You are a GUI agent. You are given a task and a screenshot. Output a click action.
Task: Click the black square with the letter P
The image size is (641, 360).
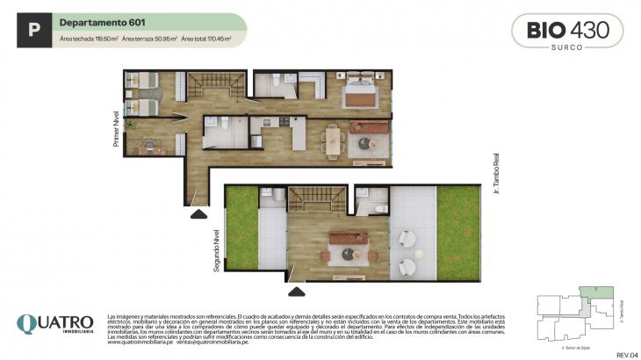point(33,31)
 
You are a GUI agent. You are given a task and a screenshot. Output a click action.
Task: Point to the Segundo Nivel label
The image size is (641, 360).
point(216,250)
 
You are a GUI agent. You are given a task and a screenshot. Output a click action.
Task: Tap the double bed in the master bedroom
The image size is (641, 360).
point(361,89)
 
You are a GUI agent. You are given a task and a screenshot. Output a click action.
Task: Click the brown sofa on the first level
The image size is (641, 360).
point(369,128)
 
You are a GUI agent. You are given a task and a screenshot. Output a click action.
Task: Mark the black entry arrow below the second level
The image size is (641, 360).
point(298,291)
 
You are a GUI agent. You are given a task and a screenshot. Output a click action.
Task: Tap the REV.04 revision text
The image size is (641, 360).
point(626,353)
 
